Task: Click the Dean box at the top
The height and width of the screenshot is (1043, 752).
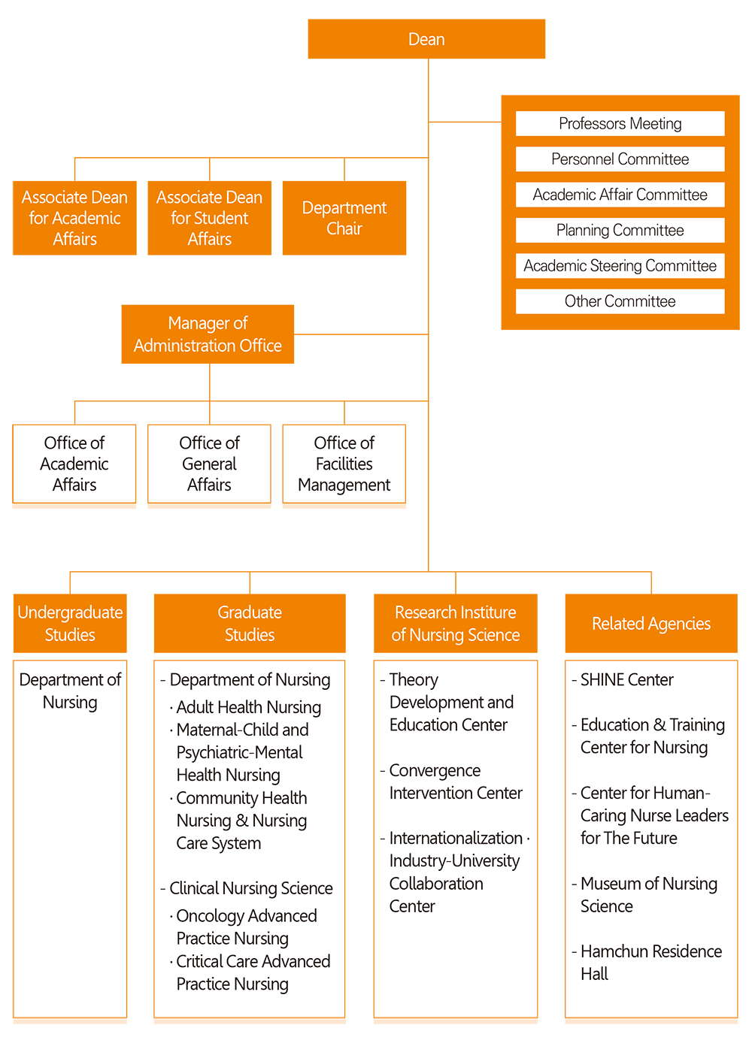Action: coord(426,38)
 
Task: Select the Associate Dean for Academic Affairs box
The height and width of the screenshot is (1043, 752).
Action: coord(74,218)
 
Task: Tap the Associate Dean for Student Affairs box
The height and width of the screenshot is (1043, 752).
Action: coord(209,218)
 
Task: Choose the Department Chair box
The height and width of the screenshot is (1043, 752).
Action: coord(344,218)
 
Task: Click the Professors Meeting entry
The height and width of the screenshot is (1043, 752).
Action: coord(620,123)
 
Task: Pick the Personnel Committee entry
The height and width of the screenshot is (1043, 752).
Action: coord(620,159)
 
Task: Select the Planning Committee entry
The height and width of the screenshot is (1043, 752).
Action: coord(620,230)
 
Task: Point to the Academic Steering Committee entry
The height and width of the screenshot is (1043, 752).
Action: coord(620,266)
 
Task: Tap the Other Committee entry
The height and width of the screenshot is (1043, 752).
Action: coord(620,301)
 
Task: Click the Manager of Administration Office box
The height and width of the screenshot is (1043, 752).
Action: coord(208,334)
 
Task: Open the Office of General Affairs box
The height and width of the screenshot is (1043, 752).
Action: coord(209,464)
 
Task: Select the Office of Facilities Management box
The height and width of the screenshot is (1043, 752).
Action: coord(344,464)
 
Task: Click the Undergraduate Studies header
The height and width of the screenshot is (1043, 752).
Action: coord(70,623)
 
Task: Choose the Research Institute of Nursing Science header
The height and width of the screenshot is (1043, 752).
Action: coord(455,623)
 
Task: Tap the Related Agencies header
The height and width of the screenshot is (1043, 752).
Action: coord(651,623)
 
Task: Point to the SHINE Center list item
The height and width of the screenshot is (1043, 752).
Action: coord(623,680)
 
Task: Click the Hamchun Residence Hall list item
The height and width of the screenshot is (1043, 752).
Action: coord(647,963)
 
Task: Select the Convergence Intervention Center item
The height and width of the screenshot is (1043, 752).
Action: coord(451,781)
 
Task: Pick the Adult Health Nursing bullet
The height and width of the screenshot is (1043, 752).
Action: coord(245,707)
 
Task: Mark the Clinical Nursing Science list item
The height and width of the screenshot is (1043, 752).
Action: coord(247,888)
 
